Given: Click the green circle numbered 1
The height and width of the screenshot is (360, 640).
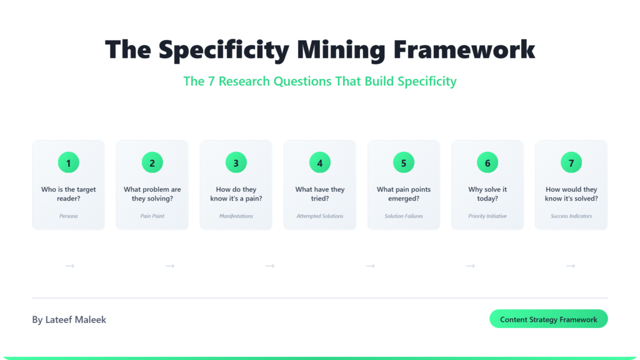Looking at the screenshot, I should [x=68, y=163].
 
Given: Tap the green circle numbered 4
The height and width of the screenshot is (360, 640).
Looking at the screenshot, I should [x=319, y=163].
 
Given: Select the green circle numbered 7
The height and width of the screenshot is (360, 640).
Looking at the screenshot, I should [x=571, y=163].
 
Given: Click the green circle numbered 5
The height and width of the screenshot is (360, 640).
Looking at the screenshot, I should [x=403, y=163].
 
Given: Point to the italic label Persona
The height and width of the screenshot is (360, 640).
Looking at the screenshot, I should [x=68, y=216].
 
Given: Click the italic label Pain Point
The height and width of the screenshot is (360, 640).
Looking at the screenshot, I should [x=152, y=216].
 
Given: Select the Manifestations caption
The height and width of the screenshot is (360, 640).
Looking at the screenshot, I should [x=236, y=216].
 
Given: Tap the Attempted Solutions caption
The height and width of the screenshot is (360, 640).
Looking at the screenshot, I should [x=319, y=216].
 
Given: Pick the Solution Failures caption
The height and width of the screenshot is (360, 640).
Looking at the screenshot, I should [x=403, y=216].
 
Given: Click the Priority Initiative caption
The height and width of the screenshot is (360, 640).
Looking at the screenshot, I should [x=487, y=216].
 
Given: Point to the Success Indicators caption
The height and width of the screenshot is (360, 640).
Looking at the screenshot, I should [x=571, y=216].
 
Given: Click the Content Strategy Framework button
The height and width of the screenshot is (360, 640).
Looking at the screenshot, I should [x=548, y=319].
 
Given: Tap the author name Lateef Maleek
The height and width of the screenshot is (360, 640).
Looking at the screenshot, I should [x=69, y=319].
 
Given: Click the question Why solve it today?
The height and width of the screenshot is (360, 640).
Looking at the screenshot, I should [x=487, y=194].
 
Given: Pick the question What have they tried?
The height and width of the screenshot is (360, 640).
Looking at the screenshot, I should [x=319, y=194].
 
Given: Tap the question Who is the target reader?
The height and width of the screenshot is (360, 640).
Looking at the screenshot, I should [x=68, y=194].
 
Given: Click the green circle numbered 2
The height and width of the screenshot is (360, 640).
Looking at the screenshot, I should [x=152, y=163].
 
